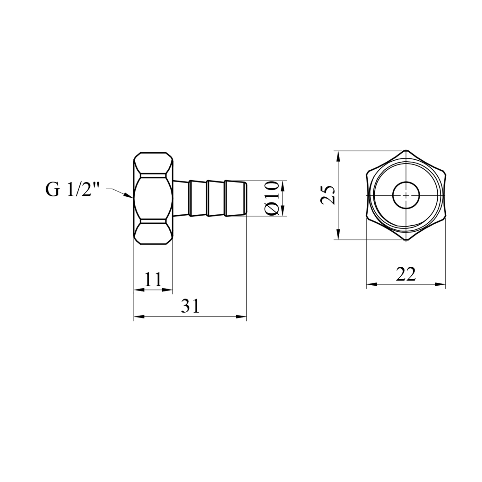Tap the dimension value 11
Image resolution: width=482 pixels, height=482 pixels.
(153, 280)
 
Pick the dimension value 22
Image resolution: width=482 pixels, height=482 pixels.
(406, 274)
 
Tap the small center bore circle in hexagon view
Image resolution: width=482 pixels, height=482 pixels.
(406, 195)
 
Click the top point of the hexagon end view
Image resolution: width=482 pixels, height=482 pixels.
(406, 150)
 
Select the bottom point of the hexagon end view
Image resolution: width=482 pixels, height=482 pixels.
(406, 240)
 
